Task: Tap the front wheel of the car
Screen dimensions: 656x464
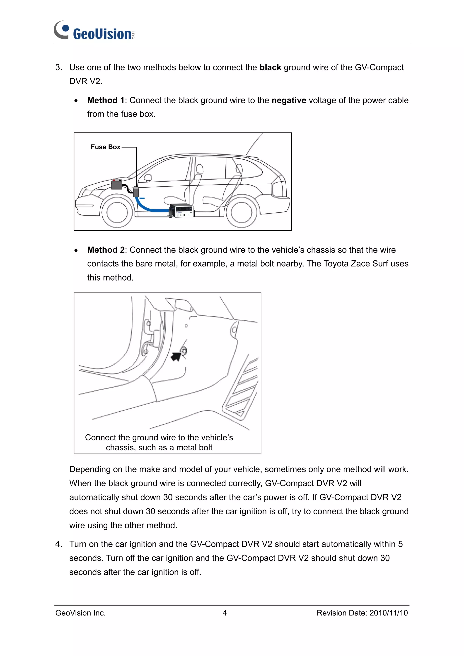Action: (x=117, y=212)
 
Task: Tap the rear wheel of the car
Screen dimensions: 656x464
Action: (x=241, y=212)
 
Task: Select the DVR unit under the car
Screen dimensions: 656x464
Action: (x=182, y=211)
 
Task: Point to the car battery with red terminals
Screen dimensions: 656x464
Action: (x=117, y=184)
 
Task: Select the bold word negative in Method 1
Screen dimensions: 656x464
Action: (x=289, y=100)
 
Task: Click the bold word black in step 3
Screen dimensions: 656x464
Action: (x=270, y=67)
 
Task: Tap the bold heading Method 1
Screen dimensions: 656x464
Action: (x=106, y=100)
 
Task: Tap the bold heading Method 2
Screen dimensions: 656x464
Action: (x=106, y=250)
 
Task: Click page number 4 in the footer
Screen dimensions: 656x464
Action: (x=225, y=613)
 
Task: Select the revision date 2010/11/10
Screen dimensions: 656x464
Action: (x=389, y=613)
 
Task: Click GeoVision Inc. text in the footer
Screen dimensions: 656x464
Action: (x=81, y=613)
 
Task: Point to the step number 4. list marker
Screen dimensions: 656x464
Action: (x=58, y=544)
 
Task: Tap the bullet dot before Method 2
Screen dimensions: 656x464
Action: (x=76, y=250)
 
